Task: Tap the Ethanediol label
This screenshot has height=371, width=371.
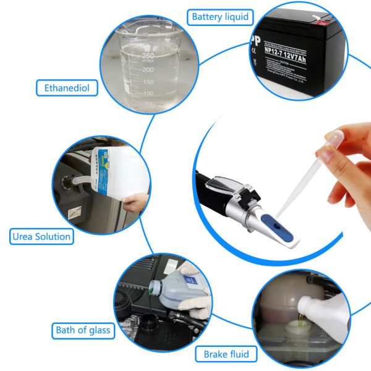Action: (x=67, y=88)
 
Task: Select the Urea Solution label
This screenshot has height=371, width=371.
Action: (x=41, y=236)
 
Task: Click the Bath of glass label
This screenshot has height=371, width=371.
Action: (x=82, y=330)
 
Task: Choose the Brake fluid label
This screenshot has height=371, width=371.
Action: (x=226, y=354)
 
